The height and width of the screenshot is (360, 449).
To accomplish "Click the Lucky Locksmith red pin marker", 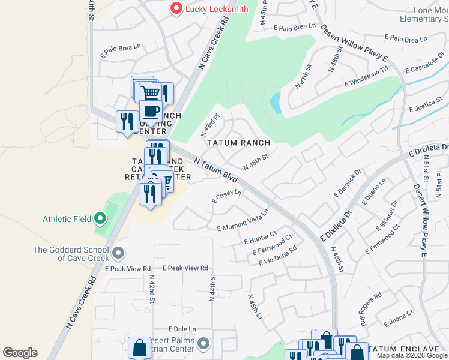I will pyautogui.click(x=176, y=8).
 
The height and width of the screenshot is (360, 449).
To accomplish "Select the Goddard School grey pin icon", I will pyautogui.click(x=118, y=254).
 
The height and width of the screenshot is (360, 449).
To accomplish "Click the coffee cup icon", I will pyautogui.click(x=150, y=111).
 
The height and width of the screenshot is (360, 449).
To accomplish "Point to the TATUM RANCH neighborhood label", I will pyautogui.click(x=238, y=143).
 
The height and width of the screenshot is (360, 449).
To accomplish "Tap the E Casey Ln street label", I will pyautogui.click(x=226, y=197).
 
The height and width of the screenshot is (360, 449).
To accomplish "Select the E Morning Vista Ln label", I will pyautogui.click(x=243, y=220).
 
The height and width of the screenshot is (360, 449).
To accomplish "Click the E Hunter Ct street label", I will pyautogui.click(x=260, y=237).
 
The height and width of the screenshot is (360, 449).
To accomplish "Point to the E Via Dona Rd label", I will pyautogui.click(x=277, y=256).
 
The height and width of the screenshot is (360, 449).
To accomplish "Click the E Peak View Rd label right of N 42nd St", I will pyautogui.click(x=185, y=268).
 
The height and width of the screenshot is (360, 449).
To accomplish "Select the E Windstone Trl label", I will pyautogui.click(x=367, y=79).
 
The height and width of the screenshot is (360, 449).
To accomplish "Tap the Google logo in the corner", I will pyautogui.click(x=20, y=353).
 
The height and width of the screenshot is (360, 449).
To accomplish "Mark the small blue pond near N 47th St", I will pyautogui.click(x=276, y=103).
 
